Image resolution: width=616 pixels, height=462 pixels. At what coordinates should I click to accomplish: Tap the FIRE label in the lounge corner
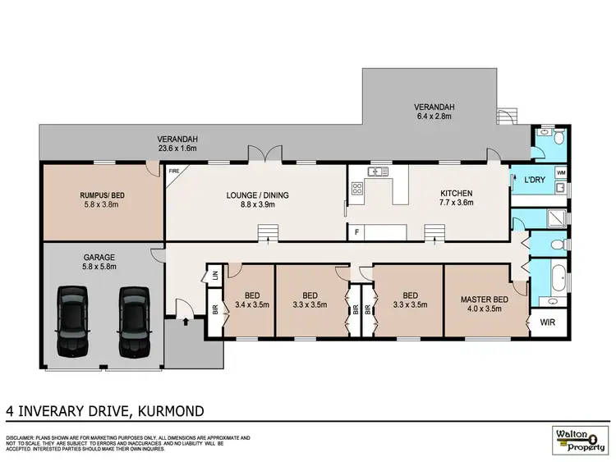(173, 172)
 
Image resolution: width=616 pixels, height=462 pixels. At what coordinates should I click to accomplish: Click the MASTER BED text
(483, 300)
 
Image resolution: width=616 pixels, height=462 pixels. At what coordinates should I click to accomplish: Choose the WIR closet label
(547, 322)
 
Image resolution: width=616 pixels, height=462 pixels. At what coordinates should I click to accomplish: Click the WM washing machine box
(561, 173)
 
